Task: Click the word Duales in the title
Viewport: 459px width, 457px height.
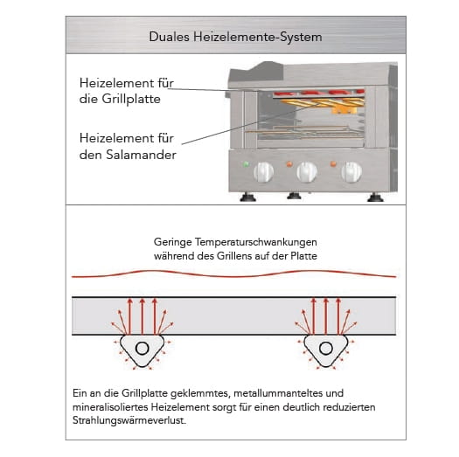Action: pos(169,37)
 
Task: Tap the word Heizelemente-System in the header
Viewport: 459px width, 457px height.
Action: pos(258,38)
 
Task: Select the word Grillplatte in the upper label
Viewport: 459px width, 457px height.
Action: pos(131,100)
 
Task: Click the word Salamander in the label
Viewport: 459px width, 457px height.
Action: pos(141,155)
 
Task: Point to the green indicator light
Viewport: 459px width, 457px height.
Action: pos(247,164)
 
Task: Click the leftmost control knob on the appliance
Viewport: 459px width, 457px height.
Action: pos(263,172)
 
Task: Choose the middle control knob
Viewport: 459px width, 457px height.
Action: pos(307,172)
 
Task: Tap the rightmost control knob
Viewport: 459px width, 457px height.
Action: pos(351,172)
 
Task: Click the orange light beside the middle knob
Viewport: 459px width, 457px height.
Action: pos(289,164)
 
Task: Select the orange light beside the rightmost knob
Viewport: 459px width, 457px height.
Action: pos(333,164)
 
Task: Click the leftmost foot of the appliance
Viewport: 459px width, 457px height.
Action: pos(247,197)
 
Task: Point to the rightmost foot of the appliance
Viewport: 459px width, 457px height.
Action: pos(375,197)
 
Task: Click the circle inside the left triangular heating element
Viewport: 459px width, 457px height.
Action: pos(143,349)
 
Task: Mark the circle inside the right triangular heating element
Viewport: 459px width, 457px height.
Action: pos(326,349)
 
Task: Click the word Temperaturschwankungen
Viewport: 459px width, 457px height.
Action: pos(256,242)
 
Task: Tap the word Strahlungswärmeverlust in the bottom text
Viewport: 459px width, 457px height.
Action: pos(129,420)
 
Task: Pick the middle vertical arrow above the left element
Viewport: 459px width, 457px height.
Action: pos(143,316)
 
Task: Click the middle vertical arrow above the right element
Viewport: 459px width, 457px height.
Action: pos(326,316)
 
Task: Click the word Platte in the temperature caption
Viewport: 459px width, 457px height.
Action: pos(304,256)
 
